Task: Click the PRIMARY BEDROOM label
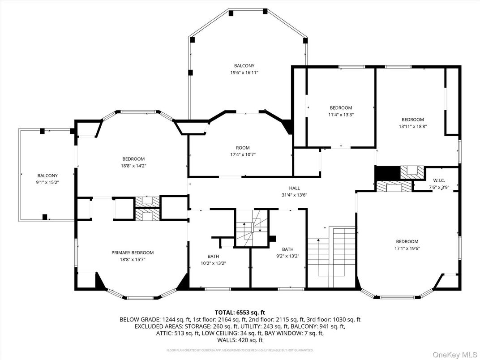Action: tap(133, 253)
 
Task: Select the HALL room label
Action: tap(294, 188)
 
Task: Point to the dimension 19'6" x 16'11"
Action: tap(244, 72)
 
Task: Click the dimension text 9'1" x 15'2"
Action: tap(47, 182)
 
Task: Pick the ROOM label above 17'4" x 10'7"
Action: tap(243, 148)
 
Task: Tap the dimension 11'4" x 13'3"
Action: tap(341, 115)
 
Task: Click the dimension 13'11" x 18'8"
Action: tap(412, 126)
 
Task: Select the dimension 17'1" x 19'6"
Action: tap(407, 248)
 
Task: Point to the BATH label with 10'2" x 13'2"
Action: tap(213, 256)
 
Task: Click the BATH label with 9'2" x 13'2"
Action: tap(287, 249)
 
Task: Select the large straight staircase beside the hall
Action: tap(332, 257)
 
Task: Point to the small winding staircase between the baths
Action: tap(251, 228)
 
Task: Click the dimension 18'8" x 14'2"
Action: tap(133, 166)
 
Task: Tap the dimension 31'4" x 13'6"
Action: tap(294, 195)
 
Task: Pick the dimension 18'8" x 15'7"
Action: tap(133, 259)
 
